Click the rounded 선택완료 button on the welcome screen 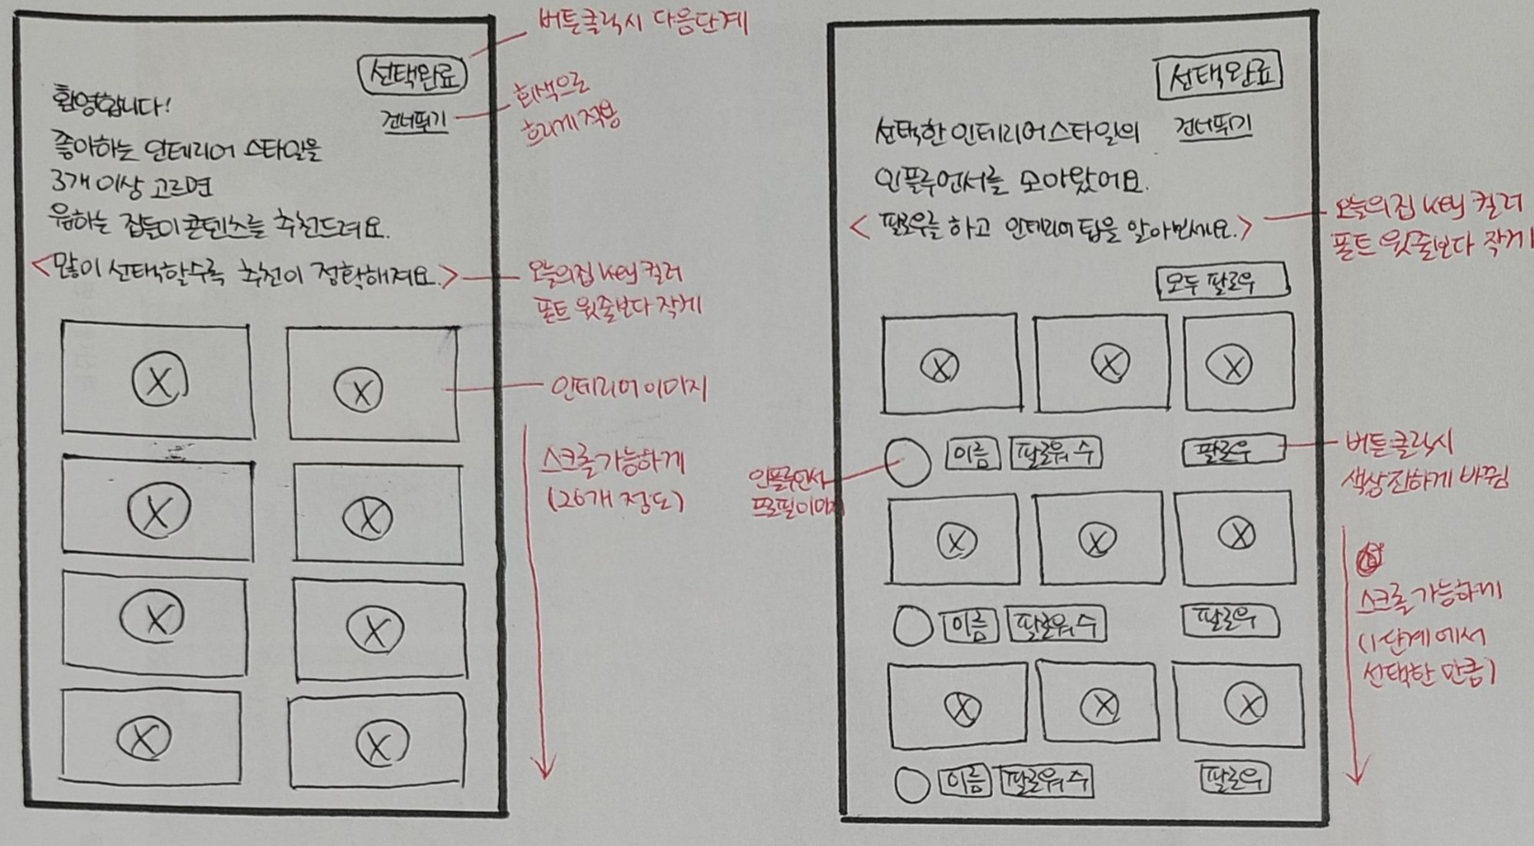(413, 75)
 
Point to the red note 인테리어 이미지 (628, 389)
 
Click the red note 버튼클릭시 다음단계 (641, 21)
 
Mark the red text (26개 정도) (615, 500)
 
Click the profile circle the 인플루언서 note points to (908, 462)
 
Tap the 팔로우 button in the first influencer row (1232, 451)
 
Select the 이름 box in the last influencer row (965, 782)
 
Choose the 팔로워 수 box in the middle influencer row (1055, 625)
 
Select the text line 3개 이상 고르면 (132, 186)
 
